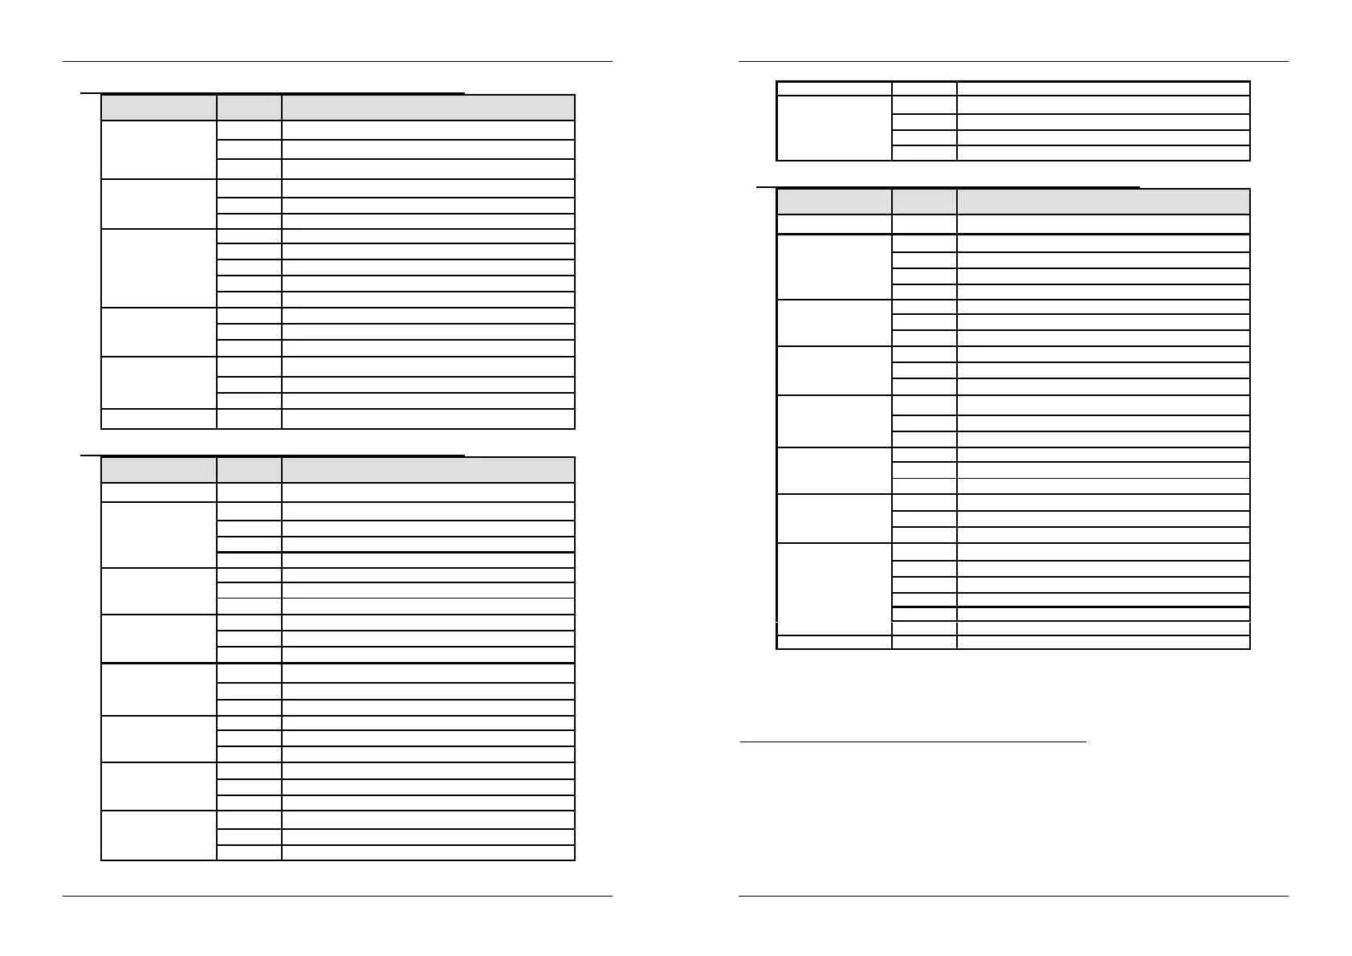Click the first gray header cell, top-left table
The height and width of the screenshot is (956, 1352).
point(158,108)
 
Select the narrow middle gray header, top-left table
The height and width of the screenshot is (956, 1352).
point(249,108)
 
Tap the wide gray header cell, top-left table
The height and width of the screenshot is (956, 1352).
point(428,108)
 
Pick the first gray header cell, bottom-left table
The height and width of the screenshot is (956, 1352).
point(158,470)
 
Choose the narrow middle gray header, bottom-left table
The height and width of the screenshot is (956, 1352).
point(249,470)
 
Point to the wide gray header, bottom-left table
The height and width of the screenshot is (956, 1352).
point(428,470)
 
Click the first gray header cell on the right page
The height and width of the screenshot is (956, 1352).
point(834,202)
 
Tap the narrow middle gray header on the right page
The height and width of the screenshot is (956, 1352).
point(924,202)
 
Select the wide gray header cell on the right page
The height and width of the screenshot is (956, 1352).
point(1103,202)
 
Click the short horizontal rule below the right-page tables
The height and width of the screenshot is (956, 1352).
point(912,742)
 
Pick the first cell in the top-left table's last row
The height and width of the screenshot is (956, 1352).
point(158,419)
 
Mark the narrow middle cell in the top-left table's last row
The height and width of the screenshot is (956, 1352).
point(249,419)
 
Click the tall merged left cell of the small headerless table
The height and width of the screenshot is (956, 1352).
point(834,129)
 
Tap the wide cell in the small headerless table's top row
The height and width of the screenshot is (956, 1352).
point(1103,88)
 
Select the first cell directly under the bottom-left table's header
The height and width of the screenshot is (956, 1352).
point(158,492)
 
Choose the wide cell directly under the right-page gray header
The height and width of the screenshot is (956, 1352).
point(1103,224)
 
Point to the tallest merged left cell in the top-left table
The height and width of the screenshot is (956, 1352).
point(158,268)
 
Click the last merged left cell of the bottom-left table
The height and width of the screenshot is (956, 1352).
point(158,835)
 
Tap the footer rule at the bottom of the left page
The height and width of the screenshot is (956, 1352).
point(337,896)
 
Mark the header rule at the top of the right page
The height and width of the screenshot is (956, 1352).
point(1013,61)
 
